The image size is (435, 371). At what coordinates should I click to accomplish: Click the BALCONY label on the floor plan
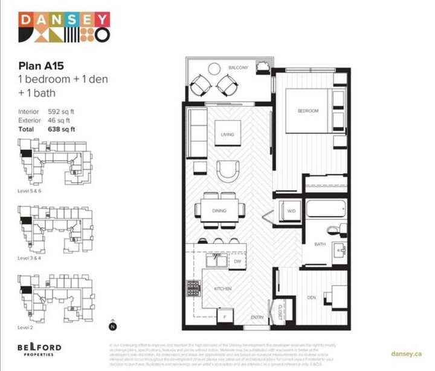pyautogui.click(x=238, y=68)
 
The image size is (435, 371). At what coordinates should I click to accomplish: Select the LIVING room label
pyautogui.click(x=227, y=135)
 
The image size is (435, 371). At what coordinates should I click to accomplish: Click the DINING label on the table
pyautogui.click(x=219, y=211)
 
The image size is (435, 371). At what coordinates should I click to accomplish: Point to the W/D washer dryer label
pyautogui.click(x=291, y=211)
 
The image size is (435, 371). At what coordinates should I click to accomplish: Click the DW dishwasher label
pyautogui.click(x=237, y=261)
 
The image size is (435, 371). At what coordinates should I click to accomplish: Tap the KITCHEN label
pyautogui.click(x=222, y=289)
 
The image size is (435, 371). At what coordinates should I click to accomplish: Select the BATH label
pyautogui.click(x=320, y=245)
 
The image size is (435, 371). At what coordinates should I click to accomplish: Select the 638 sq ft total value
pyautogui.click(x=61, y=129)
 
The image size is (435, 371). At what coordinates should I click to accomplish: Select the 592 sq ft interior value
pyautogui.click(x=60, y=112)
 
